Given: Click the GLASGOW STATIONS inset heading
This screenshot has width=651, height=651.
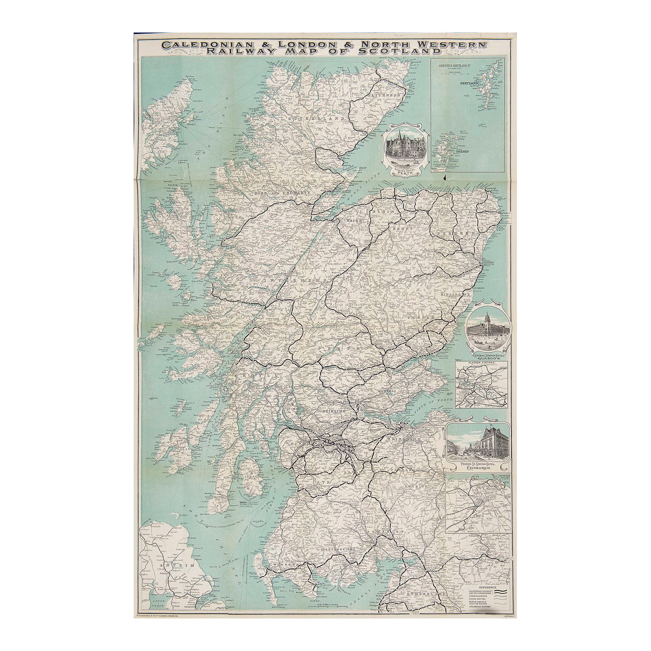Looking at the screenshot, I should coord(482,362).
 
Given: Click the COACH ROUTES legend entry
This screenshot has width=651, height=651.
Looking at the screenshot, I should coord(478,599).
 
